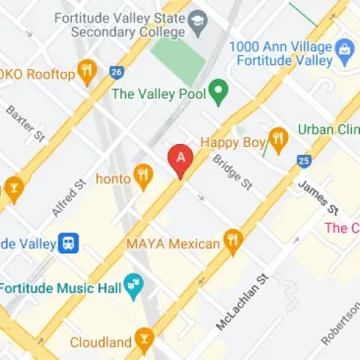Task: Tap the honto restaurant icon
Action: pos(145,177)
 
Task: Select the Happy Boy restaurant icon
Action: pos(277,142)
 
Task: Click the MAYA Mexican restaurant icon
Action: pos(233,239)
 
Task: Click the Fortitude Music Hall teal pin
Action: pos(134,288)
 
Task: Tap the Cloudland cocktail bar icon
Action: pos(144,342)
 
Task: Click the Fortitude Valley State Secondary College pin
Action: pos(197,19)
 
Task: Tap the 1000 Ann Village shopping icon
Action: pos(344,48)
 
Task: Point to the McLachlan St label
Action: pos(242,302)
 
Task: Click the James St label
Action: pos(319,195)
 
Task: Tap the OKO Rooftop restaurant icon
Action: pos(87,71)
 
